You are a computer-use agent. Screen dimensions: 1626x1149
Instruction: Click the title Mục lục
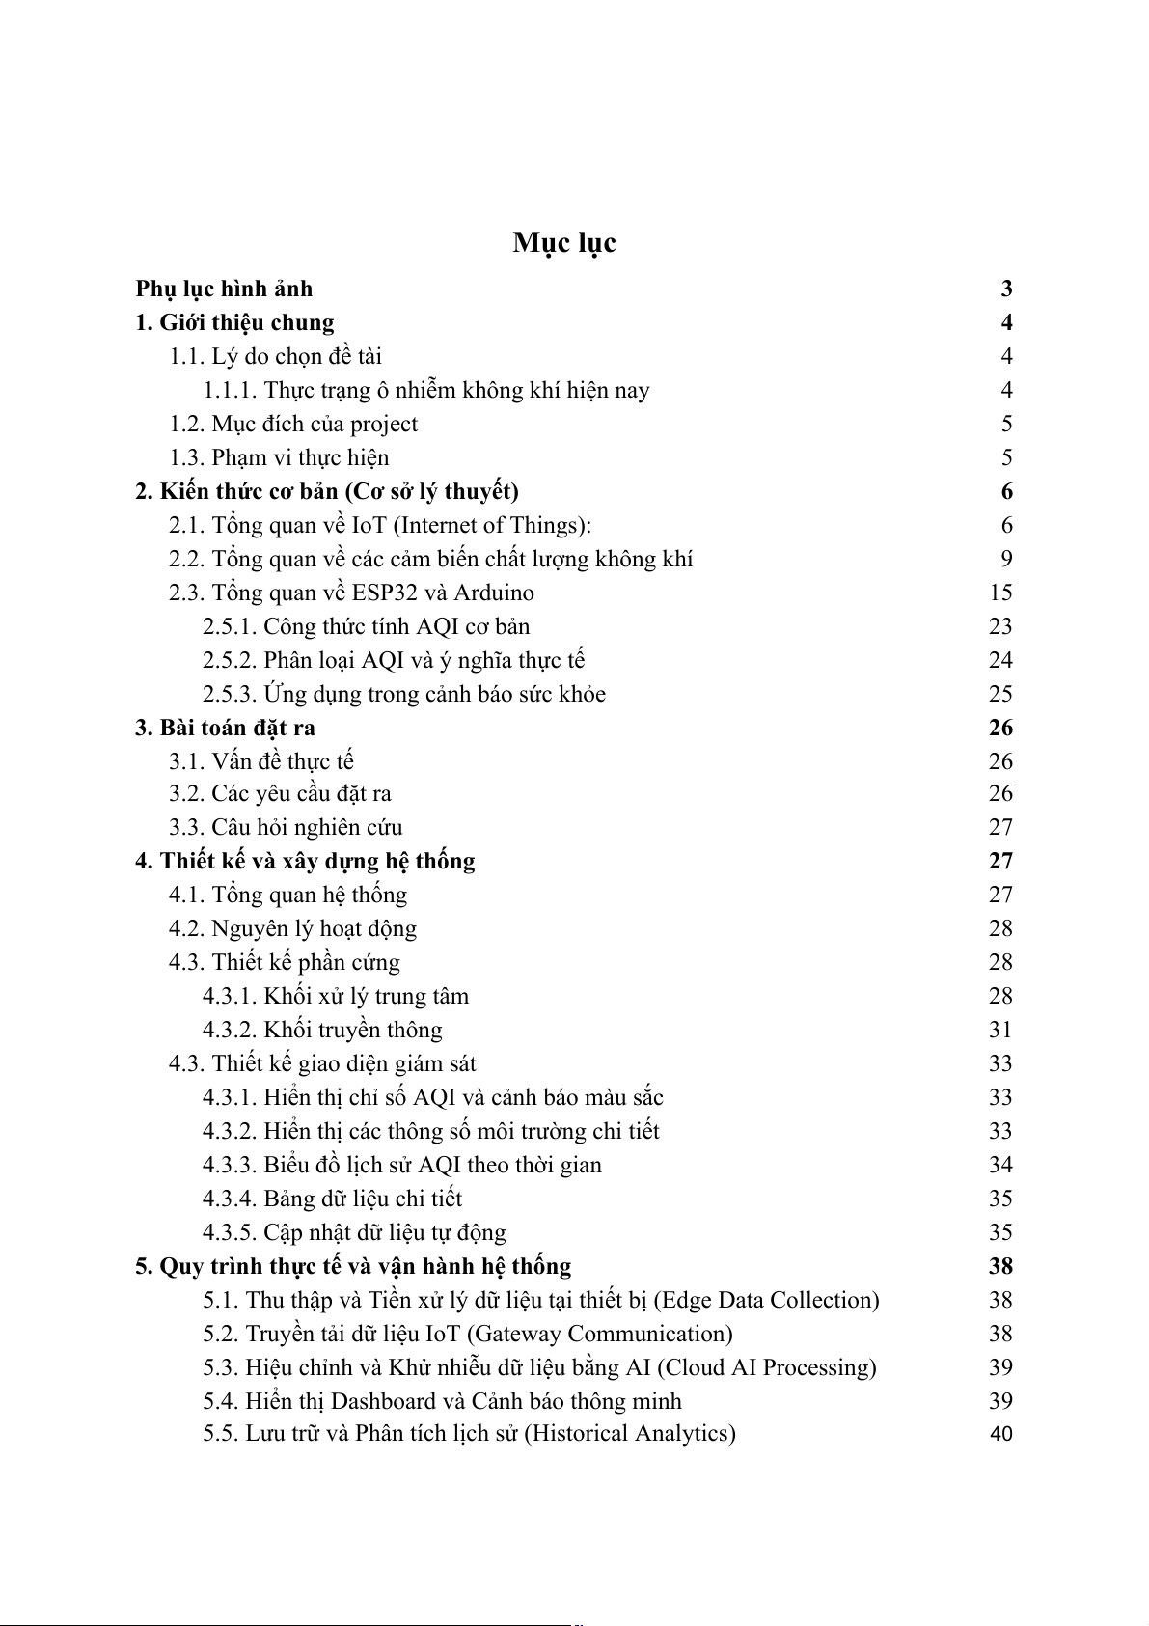pos(564,243)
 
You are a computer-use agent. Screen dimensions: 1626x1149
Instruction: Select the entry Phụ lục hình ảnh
pos(224,289)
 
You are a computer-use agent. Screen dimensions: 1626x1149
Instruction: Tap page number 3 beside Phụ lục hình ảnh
pos(1006,289)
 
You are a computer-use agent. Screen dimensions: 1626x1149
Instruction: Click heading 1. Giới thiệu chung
pos(234,322)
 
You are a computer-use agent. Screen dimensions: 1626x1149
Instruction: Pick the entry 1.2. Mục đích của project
pos(293,424)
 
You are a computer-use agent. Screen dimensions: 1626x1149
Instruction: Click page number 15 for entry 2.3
pos(1000,593)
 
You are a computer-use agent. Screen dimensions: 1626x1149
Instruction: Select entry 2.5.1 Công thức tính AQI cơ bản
pos(366,626)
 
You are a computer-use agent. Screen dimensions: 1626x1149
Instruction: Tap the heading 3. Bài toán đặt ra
pos(225,728)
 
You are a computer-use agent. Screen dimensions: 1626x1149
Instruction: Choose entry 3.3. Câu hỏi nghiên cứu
pos(286,827)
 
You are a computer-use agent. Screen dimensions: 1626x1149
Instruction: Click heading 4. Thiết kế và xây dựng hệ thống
pos(305,861)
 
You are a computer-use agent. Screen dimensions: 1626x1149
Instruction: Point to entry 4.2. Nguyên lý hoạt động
pos(292,928)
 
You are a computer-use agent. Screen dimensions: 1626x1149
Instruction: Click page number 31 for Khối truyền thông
pos(1000,1030)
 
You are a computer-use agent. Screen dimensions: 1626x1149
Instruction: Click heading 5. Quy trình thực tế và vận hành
pos(353,1266)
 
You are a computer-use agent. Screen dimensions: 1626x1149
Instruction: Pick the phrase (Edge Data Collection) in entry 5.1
pos(767,1300)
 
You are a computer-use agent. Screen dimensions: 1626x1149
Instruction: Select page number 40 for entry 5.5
pos(1001,1434)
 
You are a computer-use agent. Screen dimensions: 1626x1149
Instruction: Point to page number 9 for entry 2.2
pos(1006,559)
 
